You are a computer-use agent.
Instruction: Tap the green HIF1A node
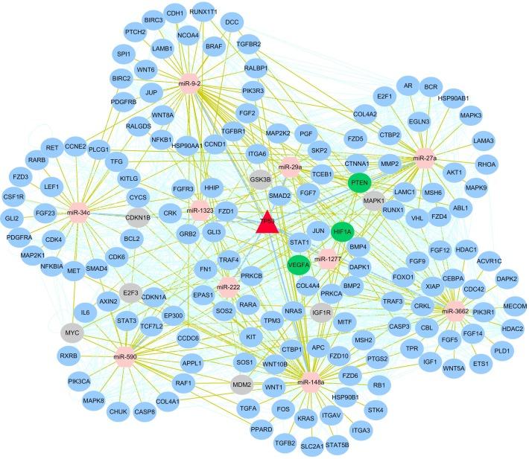[x=344, y=231]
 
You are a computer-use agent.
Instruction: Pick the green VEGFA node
[x=299, y=263]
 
